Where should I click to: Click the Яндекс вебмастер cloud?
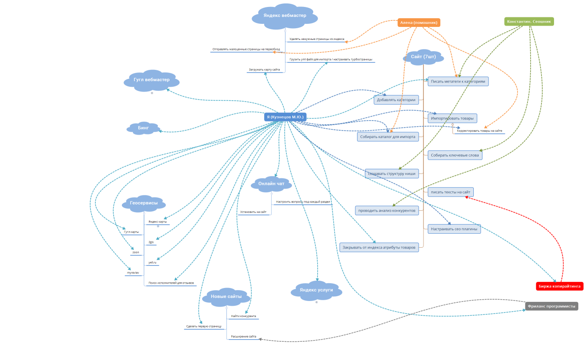pos(285,16)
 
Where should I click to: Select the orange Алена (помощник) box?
pos(419,23)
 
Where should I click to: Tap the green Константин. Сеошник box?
pos(529,21)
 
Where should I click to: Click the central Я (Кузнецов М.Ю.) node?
pos(285,117)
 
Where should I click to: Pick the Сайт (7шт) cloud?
pos(423,57)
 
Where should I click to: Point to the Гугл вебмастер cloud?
pos(151,80)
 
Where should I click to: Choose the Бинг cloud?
pos(143,128)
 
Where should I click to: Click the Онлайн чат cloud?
pos(271,184)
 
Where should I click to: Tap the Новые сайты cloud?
pos(226,297)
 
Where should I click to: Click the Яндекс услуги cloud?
pos(316,290)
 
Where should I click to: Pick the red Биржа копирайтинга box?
pos(560,286)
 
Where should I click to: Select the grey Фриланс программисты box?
pos(551,306)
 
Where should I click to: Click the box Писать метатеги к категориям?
pos(458,81)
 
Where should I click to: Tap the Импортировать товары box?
pos(452,118)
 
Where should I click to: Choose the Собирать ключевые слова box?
pos(455,155)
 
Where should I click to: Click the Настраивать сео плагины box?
pos(454,229)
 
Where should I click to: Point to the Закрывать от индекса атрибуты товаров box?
pos(379,248)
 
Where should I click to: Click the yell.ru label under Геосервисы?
pos(152,262)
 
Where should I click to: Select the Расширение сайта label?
pos(243,337)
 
